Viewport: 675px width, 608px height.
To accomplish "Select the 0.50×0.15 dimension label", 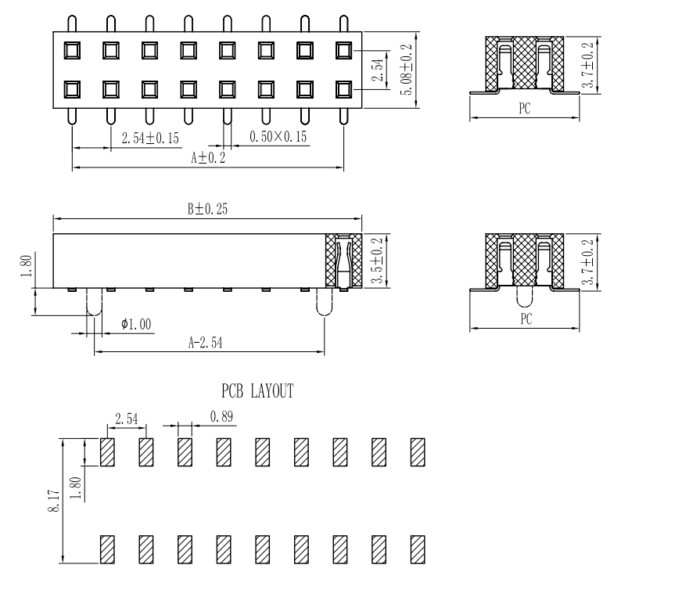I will [278, 137].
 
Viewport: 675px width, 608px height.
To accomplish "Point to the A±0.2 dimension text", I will [207, 157].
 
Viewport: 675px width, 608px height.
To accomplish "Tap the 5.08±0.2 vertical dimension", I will [407, 70].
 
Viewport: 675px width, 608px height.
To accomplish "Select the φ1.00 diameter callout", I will [137, 324].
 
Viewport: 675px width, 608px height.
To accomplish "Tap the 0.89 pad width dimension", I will [222, 418].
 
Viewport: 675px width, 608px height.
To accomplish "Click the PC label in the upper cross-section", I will [525, 110].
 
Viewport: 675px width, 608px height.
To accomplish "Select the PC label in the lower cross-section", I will [525, 320].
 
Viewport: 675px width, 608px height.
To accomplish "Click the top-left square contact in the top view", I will [72, 51].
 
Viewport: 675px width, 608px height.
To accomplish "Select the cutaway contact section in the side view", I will [343, 261].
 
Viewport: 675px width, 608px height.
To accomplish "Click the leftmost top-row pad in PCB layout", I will [108, 452].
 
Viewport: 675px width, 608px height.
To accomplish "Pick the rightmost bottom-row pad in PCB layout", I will [418, 549].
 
